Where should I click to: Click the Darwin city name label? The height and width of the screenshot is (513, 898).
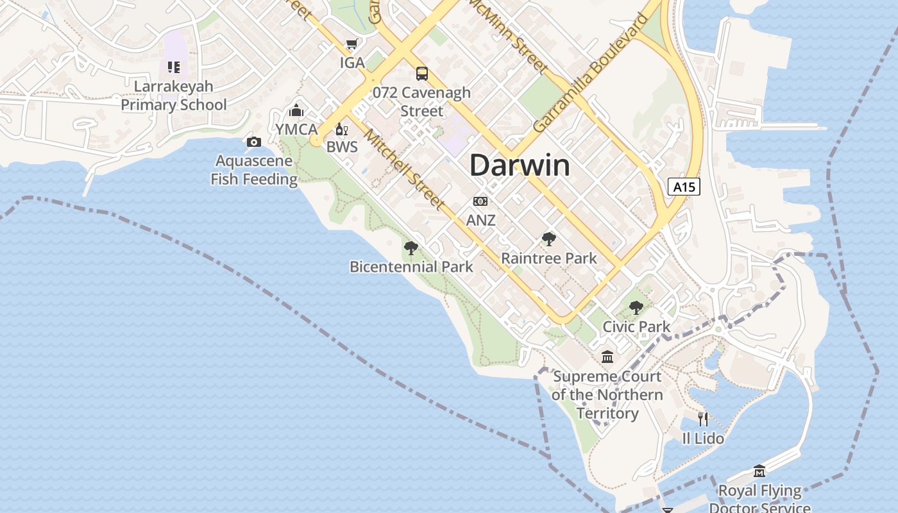(x=520, y=165)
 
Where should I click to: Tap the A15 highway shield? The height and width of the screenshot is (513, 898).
(x=683, y=187)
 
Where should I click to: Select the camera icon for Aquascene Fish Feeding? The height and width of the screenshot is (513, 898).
(x=254, y=142)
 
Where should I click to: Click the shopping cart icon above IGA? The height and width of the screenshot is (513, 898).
(x=352, y=44)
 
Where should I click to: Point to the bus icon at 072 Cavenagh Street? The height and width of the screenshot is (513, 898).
(x=421, y=73)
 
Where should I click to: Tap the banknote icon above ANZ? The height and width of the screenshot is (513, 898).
(x=480, y=201)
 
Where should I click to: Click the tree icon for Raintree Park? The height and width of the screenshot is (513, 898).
(x=548, y=239)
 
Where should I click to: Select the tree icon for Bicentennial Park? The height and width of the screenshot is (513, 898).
(x=411, y=248)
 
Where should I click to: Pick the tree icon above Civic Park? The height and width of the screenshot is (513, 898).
(x=636, y=308)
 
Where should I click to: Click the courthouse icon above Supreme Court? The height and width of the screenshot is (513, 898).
(x=607, y=357)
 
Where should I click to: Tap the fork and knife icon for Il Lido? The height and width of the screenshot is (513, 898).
(x=703, y=419)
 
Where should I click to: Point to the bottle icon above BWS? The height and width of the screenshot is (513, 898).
(x=341, y=130)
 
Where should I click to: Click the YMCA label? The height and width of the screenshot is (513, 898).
(x=296, y=129)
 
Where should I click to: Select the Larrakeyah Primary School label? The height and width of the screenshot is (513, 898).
(x=174, y=96)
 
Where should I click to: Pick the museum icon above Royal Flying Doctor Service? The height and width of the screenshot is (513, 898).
(x=759, y=471)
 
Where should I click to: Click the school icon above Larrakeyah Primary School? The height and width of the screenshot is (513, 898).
(x=174, y=67)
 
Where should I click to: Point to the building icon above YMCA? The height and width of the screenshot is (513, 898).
(x=296, y=110)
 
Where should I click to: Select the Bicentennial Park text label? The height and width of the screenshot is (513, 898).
(x=411, y=267)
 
